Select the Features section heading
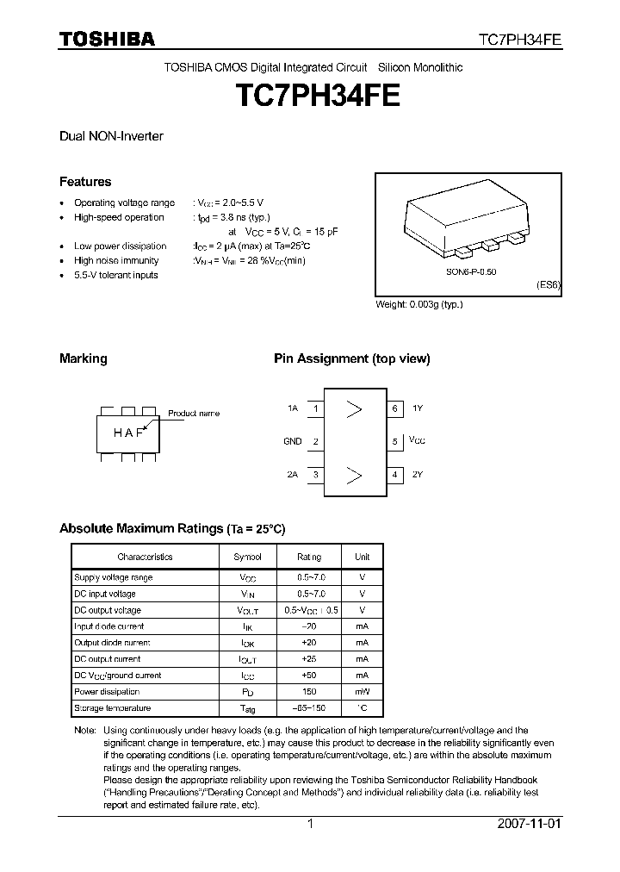click(x=85, y=182)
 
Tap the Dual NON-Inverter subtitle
click(x=111, y=136)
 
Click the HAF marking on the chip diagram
click(x=128, y=433)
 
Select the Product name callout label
click(x=193, y=414)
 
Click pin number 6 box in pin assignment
click(x=395, y=408)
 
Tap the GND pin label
click(x=292, y=441)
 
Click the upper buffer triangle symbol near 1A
click(x=353, y=408)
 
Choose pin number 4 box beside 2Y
click(x=395, y=474)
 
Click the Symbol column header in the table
click(x=247, y=557)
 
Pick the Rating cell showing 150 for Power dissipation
click(x=309, y=692)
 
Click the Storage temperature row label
click(x=112, y=708)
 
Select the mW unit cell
click(x=362, y=692)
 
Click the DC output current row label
click(x=108, y=659)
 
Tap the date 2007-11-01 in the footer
click(x=530, y=824)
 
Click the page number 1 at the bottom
click(x=310, y=824)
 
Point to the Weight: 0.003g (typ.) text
click(x=418, y=305)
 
